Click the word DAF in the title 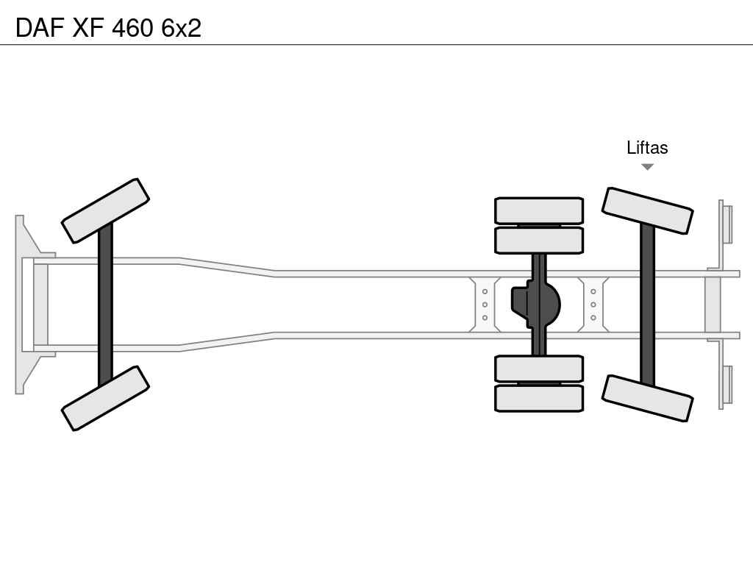coord(40,28)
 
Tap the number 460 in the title coord(132,28)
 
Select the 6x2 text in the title coord(182,28)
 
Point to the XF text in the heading coord(88,28)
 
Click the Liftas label coord(647,147)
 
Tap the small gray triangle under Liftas coord(647,167)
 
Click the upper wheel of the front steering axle coord(105,211)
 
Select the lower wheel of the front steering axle coord(105,398)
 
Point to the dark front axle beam coord(105,305)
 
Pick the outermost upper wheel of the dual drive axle coord(539,210)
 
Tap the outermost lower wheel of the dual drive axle coord(539,398)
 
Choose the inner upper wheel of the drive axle coord(539,241)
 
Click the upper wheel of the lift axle coord(647,211)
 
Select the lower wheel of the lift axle coord(647,398)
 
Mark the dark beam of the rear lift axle coord(647,305)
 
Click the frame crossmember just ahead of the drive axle coord(485,305)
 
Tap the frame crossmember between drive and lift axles coord(593,305)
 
